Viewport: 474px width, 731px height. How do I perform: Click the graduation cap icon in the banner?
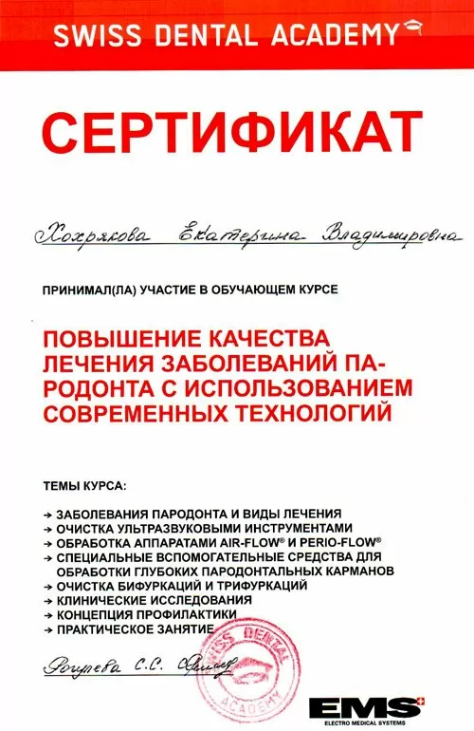tap(411, 31)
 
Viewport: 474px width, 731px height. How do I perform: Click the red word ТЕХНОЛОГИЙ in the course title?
tap(311, 413)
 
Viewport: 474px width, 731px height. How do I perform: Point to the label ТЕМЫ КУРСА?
tap(84, 486)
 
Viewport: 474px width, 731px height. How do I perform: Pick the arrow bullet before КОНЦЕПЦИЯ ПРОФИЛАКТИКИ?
tap(49, 615)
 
